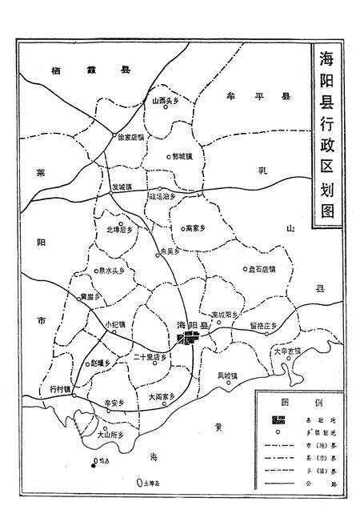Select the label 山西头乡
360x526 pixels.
pyautogui.click(x=166, y=101)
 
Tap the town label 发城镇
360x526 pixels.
pyautogui.click(x=122, y=187)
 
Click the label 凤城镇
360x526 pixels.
pyautogui.click(x=229, y=374)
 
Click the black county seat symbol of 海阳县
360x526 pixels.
pyautogui.click(x=190, y=339)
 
